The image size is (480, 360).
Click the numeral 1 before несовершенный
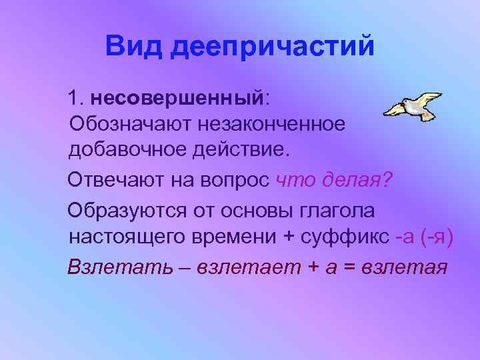[73, 99]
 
